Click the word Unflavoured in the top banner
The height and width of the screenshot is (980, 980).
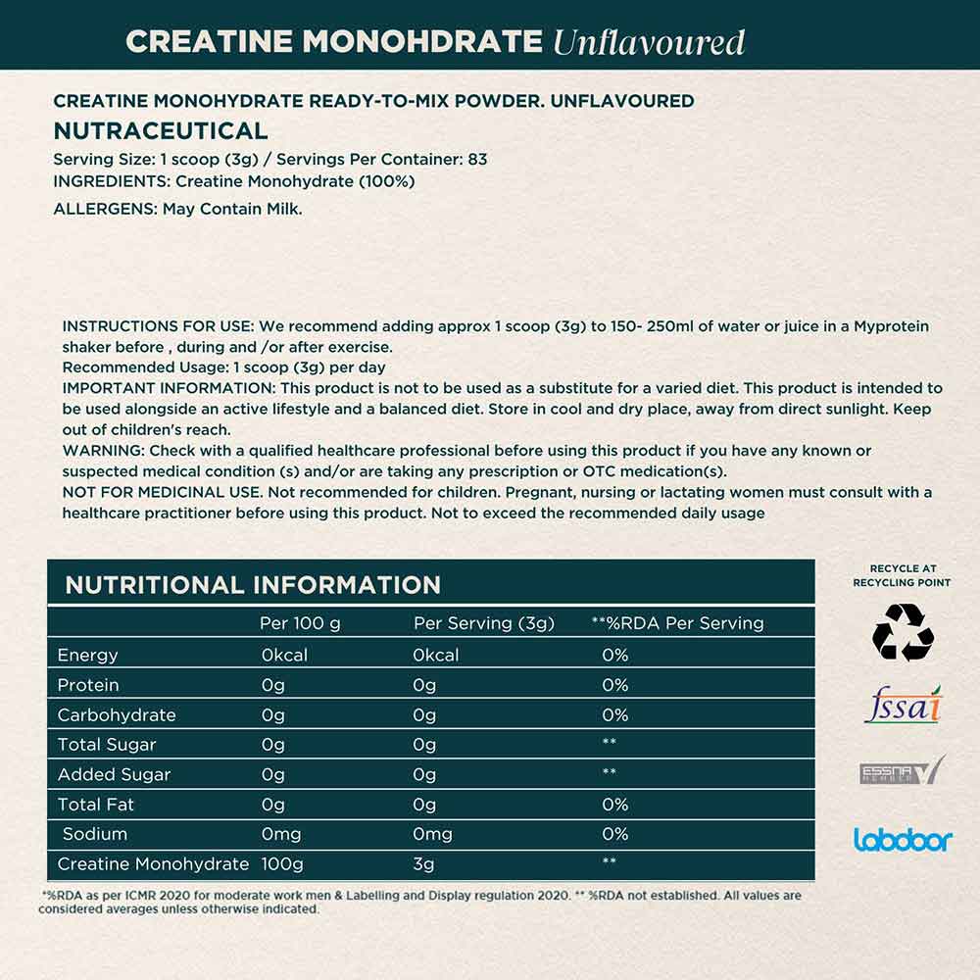tap(648, 42)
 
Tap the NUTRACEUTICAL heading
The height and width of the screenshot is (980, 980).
tap(160, 131)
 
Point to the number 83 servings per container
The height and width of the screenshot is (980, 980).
tap(477, 159)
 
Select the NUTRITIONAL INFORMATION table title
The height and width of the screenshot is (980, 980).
tap(253, 585)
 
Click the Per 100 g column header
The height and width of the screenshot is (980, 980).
tap(300, 623)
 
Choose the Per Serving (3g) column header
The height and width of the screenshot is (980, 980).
tap(484, 623)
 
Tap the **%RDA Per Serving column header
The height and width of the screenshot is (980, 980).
tap(677, 623)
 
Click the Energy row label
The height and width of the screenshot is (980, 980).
tap(87, 655)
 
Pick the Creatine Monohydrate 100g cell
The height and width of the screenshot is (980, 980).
tap(282, 863)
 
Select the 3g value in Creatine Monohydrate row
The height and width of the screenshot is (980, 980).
tap(424, 863)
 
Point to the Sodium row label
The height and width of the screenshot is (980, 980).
tap(94, 834)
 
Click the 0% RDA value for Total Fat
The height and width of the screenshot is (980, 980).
tap(614, 805)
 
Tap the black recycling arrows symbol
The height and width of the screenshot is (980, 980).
tap(903, 632)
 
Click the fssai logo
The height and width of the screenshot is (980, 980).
tap(903, 706)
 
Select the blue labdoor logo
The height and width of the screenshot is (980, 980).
tap(903, 839)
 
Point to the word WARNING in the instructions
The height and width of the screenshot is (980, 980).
tap(103, 451)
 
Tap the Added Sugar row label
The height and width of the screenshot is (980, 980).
tap(114, 774)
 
